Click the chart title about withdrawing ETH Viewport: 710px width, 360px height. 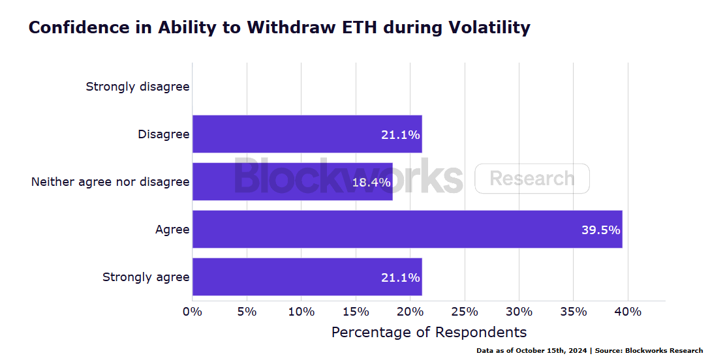pyautogui.click(x=279, y=28)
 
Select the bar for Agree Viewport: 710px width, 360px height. pyautogui.click(x=407, y=230)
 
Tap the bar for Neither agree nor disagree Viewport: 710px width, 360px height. pyautogui.click(x=292, y=182)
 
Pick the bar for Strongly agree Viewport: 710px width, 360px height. pyautogui.click(x=307, y=277)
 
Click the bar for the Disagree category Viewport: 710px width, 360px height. pyautogui.click(x=307, y=134)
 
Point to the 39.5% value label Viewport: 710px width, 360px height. pyautogui.click(x=600, y=230)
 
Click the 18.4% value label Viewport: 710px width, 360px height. pyautogui.click(x=371, y=182)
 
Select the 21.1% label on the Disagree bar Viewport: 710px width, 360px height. pyautogui.click(x=400, y=134)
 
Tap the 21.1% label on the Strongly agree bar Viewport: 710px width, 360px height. pyautogui.click(x=400, y=277)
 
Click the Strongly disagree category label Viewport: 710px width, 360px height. pyautogui.click(x=138, y=87)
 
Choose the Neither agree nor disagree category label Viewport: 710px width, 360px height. pyautogui.click(x=110, y=182)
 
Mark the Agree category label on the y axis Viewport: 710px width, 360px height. pyautogui.click(x=172, y=230)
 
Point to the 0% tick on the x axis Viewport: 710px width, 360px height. pyautogui.click(x=193, y=312)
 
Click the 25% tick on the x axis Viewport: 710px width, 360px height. pyautogui.click(x=465, y=312)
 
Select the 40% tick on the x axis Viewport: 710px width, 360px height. pyautogui.click(x=628, y=312)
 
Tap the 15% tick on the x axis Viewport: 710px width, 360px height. pyautogui.click(x=356, y=312)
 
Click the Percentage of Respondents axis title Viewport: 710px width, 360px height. pyautogui.click(x=429, y=332)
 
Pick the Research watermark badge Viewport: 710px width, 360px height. pyautogui.click(x=532, y=179)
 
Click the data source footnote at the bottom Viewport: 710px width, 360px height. pyautogui.click(x=589, y=351)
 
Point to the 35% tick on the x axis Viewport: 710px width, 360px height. pyautogui.click(x=574, y=312)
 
